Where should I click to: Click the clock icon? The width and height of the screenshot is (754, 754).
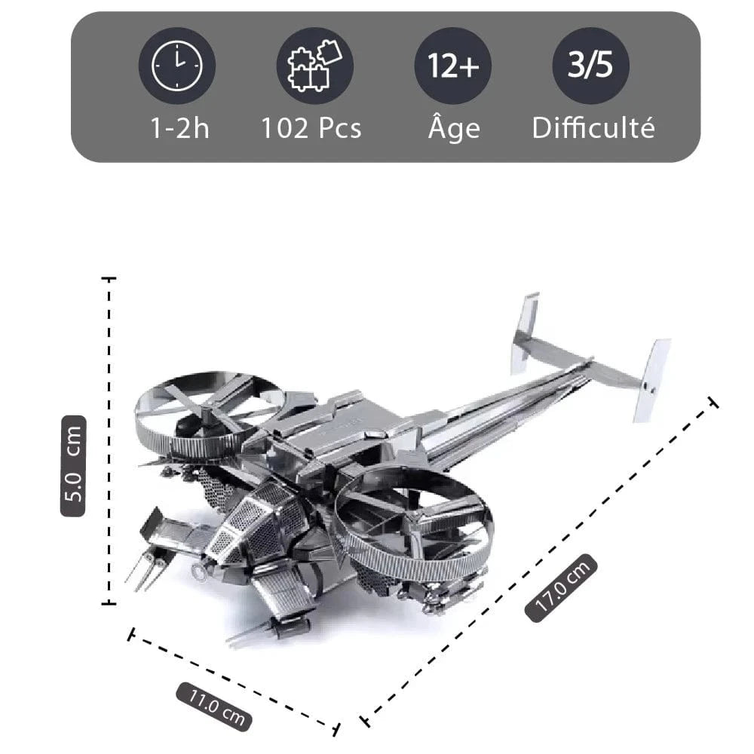pos(177,66)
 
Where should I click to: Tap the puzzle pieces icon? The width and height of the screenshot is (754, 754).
pos(314,66)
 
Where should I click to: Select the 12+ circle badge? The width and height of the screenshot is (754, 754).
pos(453,66)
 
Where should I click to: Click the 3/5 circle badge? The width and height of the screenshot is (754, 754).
pos(590,66)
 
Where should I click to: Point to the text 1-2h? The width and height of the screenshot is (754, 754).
pos(179,128)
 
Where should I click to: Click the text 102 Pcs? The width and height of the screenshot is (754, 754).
pos(311,128)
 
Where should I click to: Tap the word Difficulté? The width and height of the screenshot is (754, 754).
pos(593,127)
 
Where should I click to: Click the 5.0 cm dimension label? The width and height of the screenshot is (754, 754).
pos(74,465)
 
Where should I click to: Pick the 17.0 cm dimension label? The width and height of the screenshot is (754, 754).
pos(562,588)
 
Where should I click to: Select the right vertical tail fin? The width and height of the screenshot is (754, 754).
pos(651,379)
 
